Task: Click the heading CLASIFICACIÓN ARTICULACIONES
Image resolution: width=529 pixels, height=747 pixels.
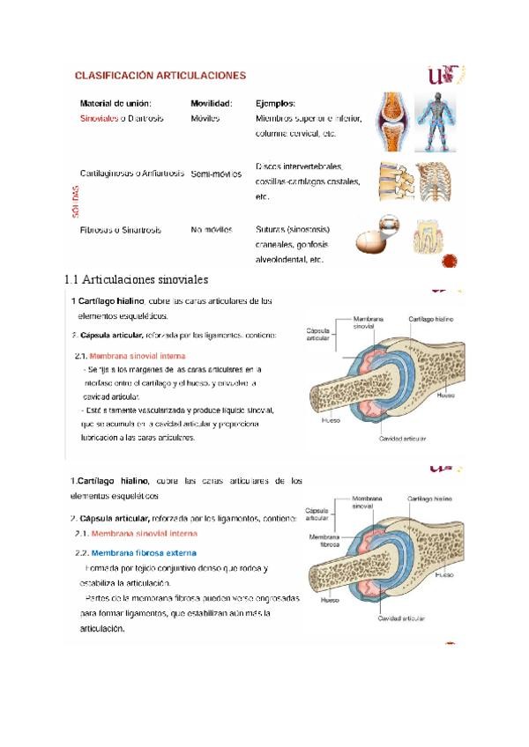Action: point(160,76)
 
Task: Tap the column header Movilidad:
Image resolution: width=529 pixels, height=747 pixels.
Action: point(212,103)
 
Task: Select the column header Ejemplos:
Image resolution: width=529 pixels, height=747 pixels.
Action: point(275,103)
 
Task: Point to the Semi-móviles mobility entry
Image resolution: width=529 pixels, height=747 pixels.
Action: point(215,174)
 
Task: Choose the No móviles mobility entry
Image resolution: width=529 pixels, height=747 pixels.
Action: point(212,230)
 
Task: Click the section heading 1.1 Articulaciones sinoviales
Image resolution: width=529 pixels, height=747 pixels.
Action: point(136,280)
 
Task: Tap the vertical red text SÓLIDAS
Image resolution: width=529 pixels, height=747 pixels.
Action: point(76,201)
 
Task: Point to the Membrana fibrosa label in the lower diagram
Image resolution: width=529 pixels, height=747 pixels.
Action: point(322,539)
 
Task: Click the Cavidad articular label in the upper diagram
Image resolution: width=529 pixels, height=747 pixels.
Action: point(402,437)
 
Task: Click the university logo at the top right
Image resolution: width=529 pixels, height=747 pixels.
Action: point(443,77)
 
